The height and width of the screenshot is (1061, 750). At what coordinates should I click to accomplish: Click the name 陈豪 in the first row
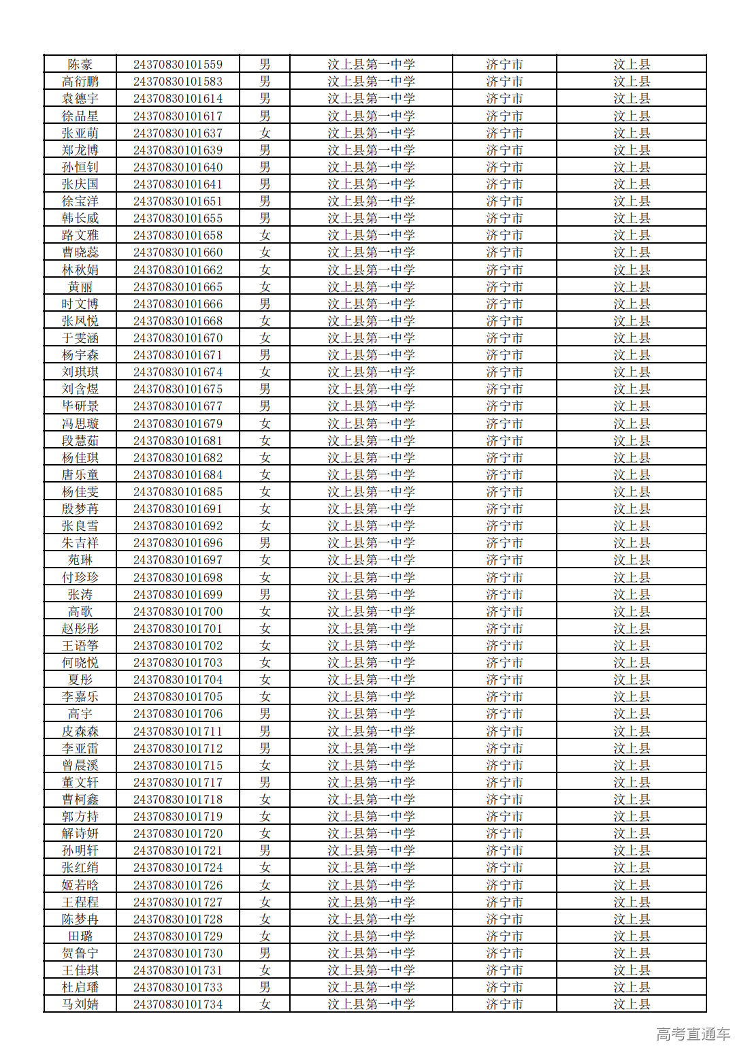coord(80,65)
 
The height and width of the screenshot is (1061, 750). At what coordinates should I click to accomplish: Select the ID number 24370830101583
coord(178,82)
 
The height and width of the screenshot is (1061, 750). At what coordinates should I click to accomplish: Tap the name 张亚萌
coord(80,133)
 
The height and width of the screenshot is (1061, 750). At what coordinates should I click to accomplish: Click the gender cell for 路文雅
coord(265,235)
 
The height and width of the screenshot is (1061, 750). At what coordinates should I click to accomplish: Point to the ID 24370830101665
coord(178,287)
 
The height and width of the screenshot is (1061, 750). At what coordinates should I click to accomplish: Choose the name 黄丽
coord(80,287)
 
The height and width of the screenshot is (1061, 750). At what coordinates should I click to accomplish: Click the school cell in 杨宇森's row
coord(371,355)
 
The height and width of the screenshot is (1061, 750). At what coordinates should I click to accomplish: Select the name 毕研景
coord(80,406)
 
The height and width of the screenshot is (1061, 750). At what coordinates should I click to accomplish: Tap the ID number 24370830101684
coord(178,475)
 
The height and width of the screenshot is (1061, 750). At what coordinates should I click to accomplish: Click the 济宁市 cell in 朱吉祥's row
coord(504,543)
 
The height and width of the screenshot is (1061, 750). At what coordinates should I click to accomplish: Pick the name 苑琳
coord(80,560)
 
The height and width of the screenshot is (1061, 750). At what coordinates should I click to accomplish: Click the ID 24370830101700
coord(178,612)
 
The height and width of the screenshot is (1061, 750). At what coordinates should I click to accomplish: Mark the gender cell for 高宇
coord(265,714)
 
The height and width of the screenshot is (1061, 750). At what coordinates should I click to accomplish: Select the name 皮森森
coord(80,732)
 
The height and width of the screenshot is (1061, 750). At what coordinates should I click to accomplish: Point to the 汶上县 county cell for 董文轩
coord(632,783)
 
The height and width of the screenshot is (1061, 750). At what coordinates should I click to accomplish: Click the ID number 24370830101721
coord(178,851)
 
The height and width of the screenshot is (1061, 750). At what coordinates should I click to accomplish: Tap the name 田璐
coord(80,936)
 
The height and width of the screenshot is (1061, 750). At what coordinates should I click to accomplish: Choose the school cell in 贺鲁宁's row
coord(371,953)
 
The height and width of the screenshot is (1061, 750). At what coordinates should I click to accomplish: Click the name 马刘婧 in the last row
coord(80,1005)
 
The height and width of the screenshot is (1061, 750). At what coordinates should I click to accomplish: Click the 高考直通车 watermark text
coord(693,1034)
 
